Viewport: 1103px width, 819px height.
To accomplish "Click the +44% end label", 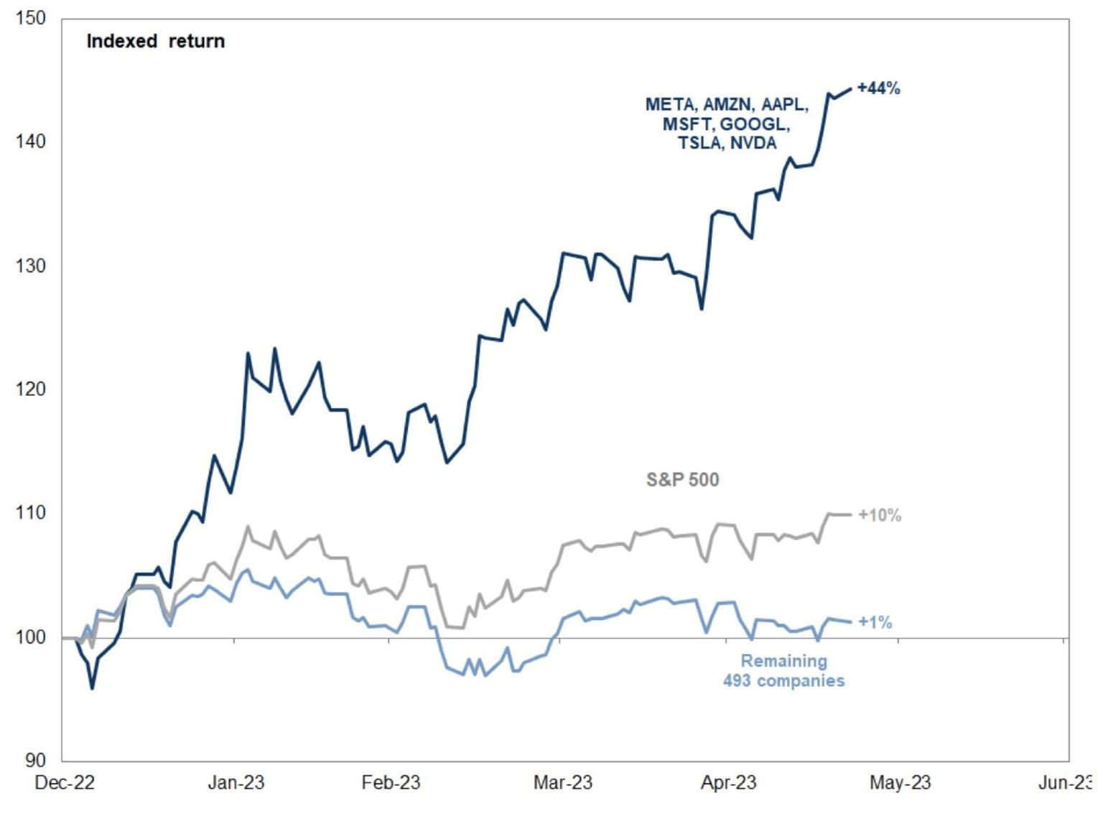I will tap(878, 88).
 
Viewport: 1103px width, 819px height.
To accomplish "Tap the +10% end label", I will tap(879, 515).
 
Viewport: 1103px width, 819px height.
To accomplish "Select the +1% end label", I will tap(875, 622).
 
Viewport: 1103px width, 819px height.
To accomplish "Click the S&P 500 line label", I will tap(682, 480).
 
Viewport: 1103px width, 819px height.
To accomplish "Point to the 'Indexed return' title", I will tap(155, 41).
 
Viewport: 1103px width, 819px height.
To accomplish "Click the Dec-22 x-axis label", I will tap(65, 782).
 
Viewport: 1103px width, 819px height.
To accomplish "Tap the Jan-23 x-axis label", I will tap(236, 782).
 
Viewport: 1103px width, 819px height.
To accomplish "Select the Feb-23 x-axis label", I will tap(391, 782).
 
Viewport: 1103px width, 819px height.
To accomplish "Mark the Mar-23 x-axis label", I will tap(562, 782).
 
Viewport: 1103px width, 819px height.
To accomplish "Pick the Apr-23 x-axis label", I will tap(728, 782).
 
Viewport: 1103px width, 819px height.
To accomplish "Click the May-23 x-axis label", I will tap(900, 782).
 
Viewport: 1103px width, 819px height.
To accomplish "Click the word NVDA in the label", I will tap(753, 143).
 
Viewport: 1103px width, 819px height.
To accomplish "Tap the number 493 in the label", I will tap(737, 680).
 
